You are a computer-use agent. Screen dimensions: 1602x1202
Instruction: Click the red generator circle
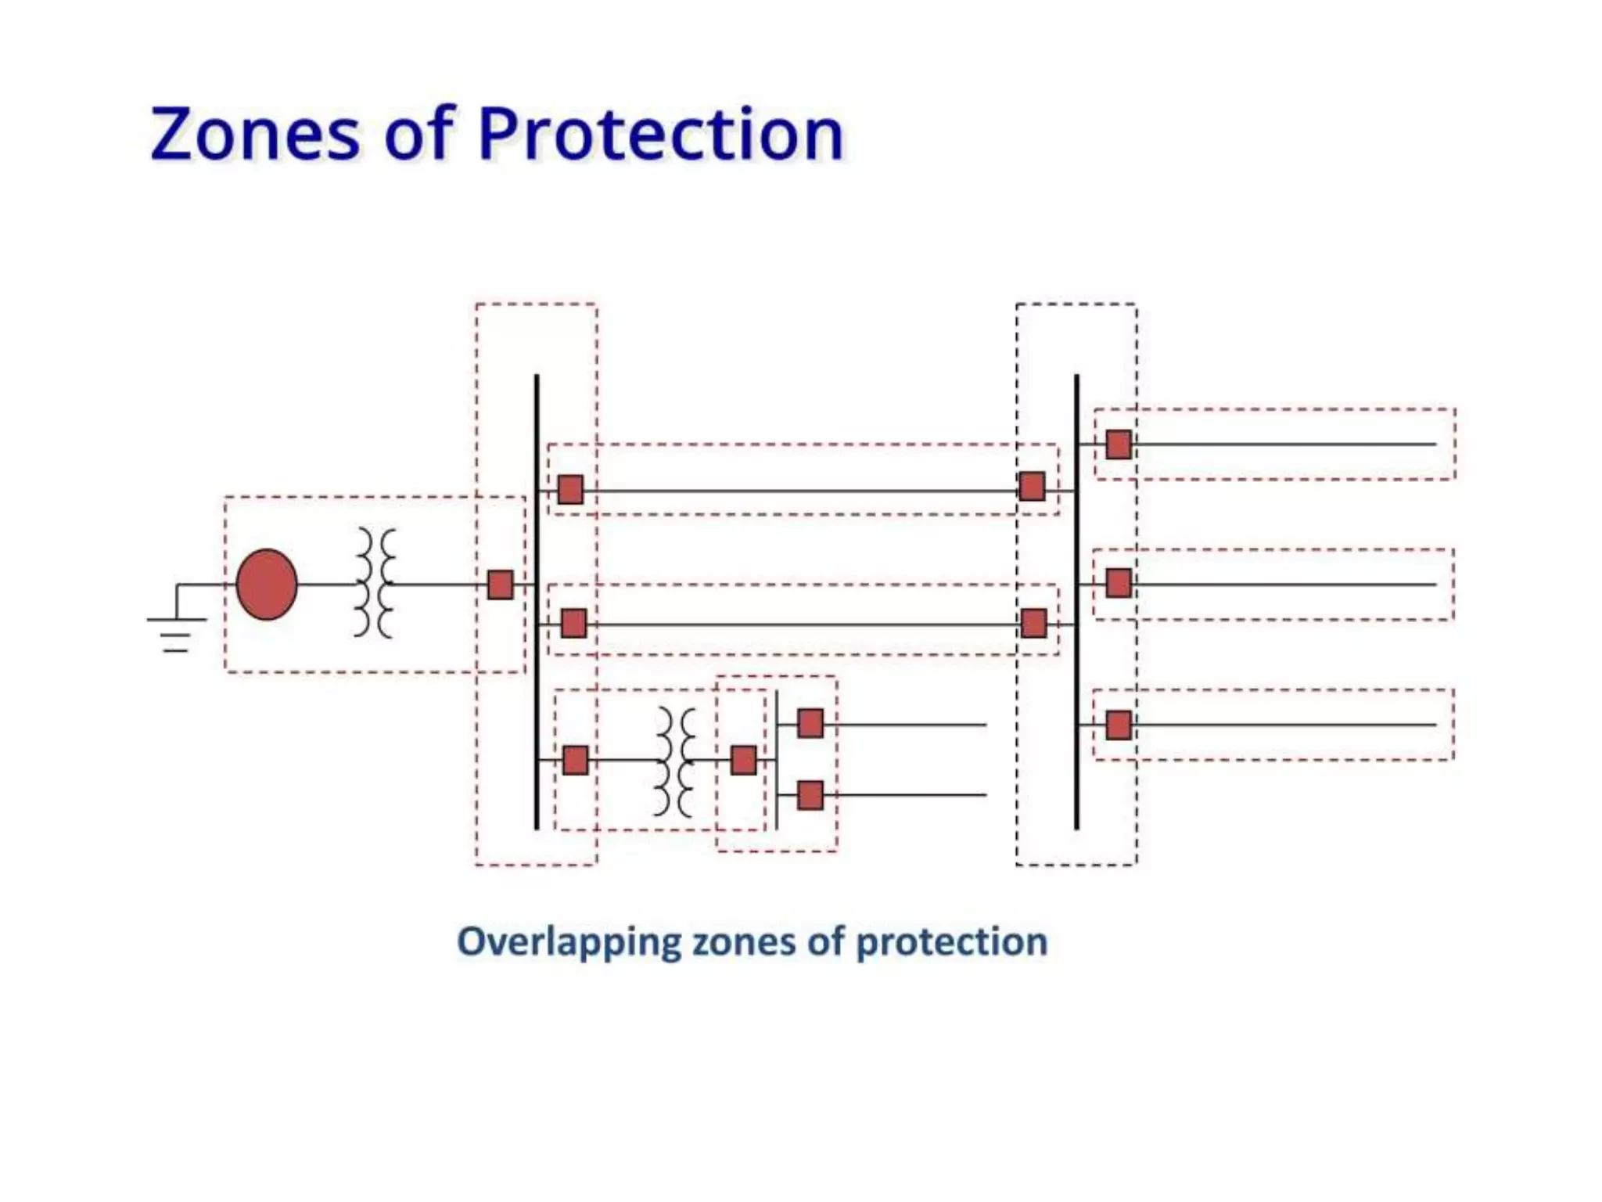pos(267,585)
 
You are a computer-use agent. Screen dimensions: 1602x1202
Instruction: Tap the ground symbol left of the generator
pos(176,626)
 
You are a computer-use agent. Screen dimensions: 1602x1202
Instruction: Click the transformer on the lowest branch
pos(675,761)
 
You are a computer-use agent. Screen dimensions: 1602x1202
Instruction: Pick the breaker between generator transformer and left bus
pos(500,585)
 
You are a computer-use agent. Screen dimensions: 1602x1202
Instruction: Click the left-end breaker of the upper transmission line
pos(570,490)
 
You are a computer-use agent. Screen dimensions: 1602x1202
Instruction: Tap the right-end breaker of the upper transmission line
pos(1032,487)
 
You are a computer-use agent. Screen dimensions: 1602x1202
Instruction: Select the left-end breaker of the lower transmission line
pos(573,624)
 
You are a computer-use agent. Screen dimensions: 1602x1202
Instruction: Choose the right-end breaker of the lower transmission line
pos(1033,624)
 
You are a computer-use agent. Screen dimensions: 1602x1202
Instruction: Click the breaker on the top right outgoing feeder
pos(1119,444)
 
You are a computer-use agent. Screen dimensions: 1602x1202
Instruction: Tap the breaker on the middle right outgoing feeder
pos(1119,583)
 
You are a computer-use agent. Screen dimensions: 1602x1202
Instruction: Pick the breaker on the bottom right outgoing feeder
pos(1119,725)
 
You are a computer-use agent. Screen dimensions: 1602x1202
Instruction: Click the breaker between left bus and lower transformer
pos(575,760)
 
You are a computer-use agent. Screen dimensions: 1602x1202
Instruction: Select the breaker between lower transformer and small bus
pos(743,760)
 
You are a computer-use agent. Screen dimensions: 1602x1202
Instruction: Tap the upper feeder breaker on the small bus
pos(810,723)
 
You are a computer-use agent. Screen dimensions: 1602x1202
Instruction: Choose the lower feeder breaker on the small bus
pos(810,795)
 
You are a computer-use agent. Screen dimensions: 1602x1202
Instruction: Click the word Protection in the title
pos(661,135)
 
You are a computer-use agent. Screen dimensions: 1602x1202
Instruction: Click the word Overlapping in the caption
pos(569,941)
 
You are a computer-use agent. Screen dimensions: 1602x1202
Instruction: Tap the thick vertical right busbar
pos(1076,603)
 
